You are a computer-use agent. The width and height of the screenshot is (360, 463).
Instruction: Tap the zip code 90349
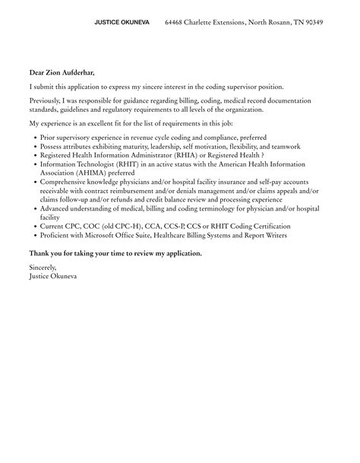(x=312, y=23)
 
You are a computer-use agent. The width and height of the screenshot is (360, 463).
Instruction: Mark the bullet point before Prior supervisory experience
(x=33, y=138)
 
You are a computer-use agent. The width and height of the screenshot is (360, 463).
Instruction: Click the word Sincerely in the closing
(x=43, y=267)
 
